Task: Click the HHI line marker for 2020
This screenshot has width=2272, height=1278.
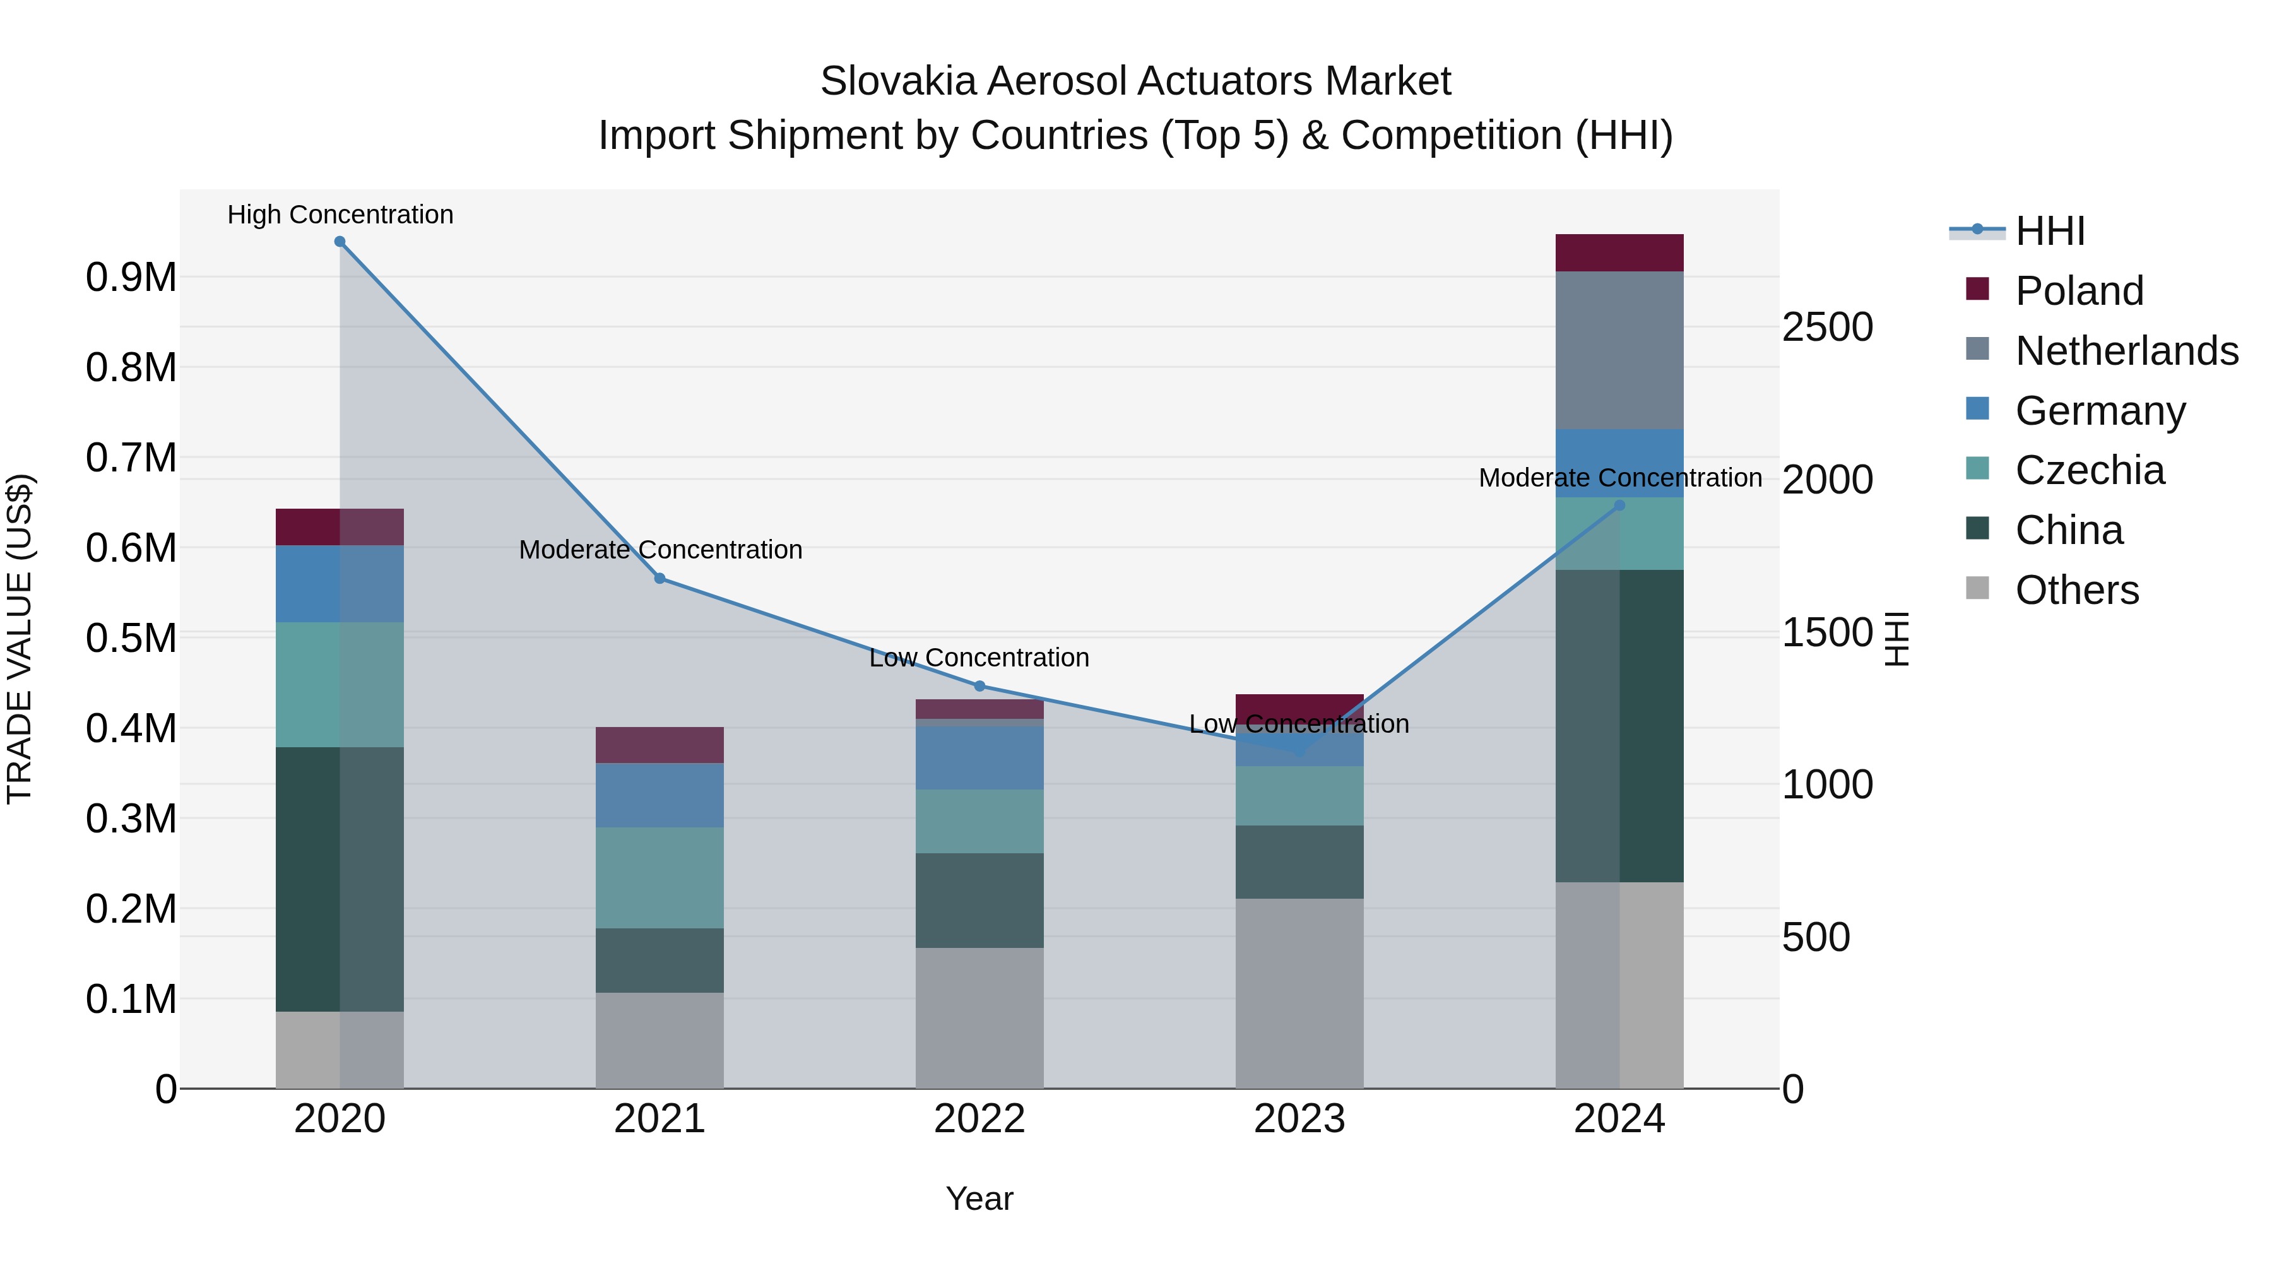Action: pyautogui.click(x=340, y=242)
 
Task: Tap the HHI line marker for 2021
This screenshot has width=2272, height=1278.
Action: pyautogui.click(x=660, y=579)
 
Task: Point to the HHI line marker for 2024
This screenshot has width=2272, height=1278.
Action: pyautogui.click(x=1619, y=506)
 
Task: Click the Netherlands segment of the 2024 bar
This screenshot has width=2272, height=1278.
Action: pyautogui.click(x=1619, y=351)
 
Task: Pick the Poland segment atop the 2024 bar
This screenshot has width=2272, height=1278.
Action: pyautogui.click(x=1619, y=253)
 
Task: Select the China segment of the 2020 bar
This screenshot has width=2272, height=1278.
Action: pyautogui.click(x=340, y=879)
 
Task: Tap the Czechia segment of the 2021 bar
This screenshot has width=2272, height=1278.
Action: pyautogui.click(x=660, y=878)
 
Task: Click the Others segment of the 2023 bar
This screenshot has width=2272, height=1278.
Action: pyautogui.click(x=1299, y=993)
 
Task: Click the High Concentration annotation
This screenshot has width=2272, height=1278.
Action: pyautogui.click(x=340, y=215)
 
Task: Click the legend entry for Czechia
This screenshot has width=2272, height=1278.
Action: pyautogui.click(x=2090, y=470)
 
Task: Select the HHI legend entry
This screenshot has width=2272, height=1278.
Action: pyautogui.click(x=2050, y=231)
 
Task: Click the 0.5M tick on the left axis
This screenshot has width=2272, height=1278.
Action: pyautogui.click(x=131, y=637)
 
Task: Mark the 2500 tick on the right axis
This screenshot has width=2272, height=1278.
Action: pyautogui.click(x=1826, y=327)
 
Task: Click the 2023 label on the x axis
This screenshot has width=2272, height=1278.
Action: pyautogui.click(x=1299, y=1119)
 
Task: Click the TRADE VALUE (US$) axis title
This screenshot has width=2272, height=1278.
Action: pyautogui.click(x=20, y=639)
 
